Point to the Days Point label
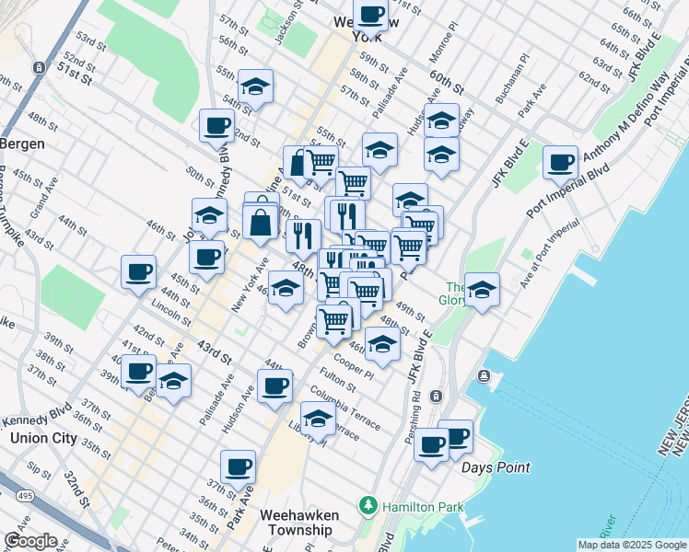pos(496,467)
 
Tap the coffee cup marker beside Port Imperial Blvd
pos(560,163)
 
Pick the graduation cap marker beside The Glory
pos(482,291)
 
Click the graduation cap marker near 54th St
pos(255,87)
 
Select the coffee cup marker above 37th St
pos(238,466)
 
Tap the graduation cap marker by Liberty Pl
pos(318,418)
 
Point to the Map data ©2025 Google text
pos(632,545)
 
